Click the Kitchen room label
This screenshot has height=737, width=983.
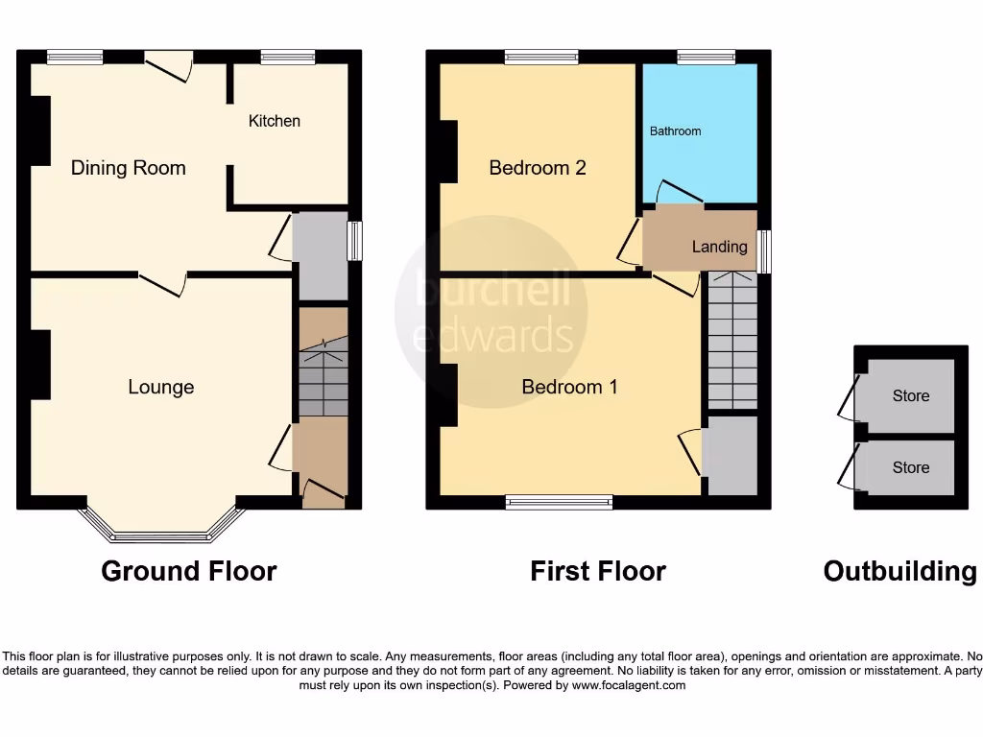pyautogui.click(x=275, y=121)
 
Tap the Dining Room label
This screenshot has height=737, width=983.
pyautogui.click(x=128, y=168)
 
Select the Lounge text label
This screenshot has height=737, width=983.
pyautogui.click(x=161, y=387)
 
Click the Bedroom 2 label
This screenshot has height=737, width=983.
pyautogui.click(x=538, y=168)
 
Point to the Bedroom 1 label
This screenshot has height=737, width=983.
pyautogui.click(x=569, y=387)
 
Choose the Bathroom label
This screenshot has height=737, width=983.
pyautogui.click(x=675, y=131)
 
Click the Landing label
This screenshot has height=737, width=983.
pyautogui.click(x=719, y=247)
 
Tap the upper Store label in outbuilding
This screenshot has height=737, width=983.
pyautogui.click(x=910, y=395)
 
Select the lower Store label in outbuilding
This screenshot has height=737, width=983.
pyautogui.click(x=910, y=467)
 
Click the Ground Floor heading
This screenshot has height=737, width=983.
pyautogui.click(x=189, y=571)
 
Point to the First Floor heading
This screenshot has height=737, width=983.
pyautogui.click(x=597, y=571)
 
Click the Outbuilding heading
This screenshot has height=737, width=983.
pyautogui.click(x=899, y=571)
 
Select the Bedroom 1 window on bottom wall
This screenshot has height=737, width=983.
pyautogui.click(x=559, y=502)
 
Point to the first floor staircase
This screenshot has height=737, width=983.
pyautogui.click(x=732, y=341)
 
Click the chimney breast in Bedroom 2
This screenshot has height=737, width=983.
pyautogui.click(x=447, y=151)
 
